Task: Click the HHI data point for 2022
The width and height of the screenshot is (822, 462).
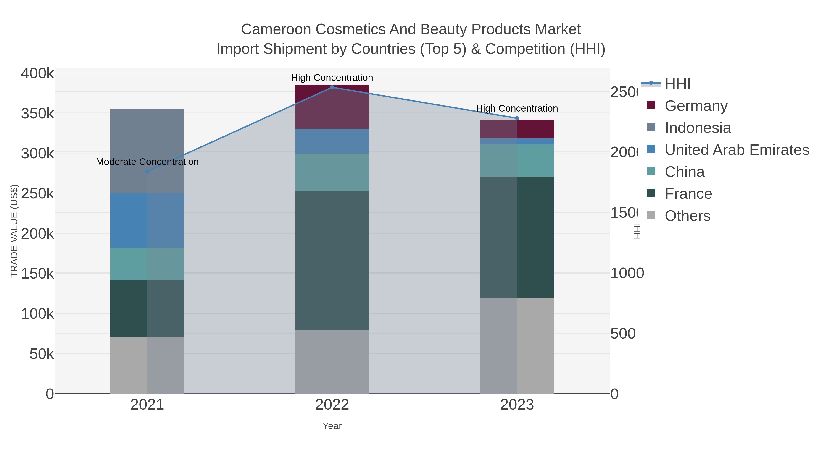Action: click(x=332, y=87)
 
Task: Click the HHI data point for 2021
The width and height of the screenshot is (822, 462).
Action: click(x=147, y=172)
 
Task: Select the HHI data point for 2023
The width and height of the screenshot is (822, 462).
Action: click(x=517, y=118)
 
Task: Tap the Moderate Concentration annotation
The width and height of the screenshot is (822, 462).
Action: click(x=147, y=162)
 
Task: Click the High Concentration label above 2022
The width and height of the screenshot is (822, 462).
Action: click(x=332, y=78)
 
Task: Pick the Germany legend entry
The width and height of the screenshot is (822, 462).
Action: click(x=696, y=106)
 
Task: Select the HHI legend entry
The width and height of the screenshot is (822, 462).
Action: click(x=677, y=84)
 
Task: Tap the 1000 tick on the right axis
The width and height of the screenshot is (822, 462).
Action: click(x=627, y=273)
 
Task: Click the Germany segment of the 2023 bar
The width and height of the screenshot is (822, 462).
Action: click(x=517, y=129)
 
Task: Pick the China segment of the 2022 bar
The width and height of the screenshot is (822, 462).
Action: click(x=332, y=172)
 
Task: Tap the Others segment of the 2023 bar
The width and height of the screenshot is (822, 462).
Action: click(x=517, y=345)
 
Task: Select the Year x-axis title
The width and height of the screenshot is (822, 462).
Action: click(x=332, y=426)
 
